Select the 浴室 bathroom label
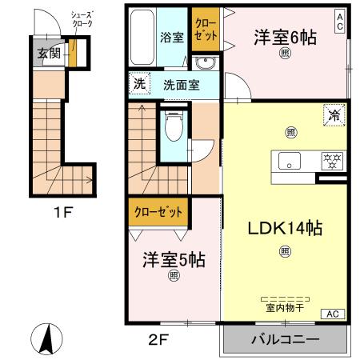pyautogui.click(x=172, y=37)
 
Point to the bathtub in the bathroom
pyautogui.click(x=142, y=38)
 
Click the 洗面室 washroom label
pyautogui.click(x=182, y=83)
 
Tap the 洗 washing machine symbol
pyautogui.click(x=140, y=82)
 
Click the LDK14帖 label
pyautogui.click(x=285, y=230)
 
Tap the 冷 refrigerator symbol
pyautogui.click(x=334, y=116)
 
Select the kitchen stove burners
pyautogui.click(x=330, y=160)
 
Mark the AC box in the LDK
pyautogui.click(x=334, y=314)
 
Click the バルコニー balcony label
pyautogui.click(x=286, y=340)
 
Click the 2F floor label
pyautogui.click(x=158, y=338)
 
